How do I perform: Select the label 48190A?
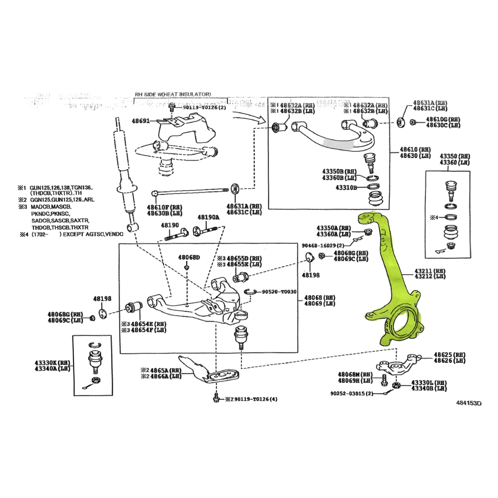(208, 217)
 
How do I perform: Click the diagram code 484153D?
(469, 403)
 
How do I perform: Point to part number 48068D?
(189, 257)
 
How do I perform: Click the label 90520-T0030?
(279, 292)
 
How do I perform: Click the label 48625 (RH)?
(449, 355)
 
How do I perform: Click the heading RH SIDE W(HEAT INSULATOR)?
(173, 94)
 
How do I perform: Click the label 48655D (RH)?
(244, 258)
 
